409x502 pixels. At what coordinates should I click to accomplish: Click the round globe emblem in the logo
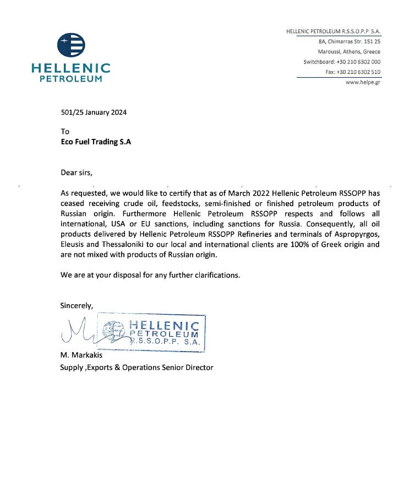tap(72, 46)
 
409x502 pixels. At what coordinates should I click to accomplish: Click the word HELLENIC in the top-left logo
tap(71, 69)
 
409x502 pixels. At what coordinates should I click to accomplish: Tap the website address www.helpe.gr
tap(363, 82)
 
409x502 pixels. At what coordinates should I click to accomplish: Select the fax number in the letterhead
tap(358, 72)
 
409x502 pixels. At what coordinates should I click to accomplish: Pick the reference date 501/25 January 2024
tap(94, 112)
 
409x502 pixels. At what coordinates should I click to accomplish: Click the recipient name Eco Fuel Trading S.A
tap(96, 141)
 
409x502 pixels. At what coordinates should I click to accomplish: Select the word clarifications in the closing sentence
tap(211, 274)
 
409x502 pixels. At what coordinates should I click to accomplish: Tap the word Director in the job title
tap(198, 367)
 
